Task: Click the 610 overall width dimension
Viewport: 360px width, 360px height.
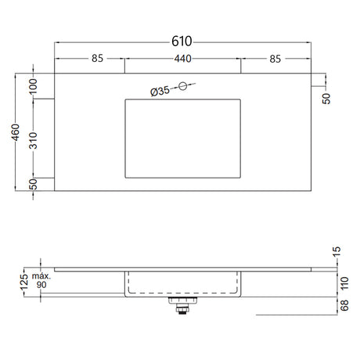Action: [182, 41]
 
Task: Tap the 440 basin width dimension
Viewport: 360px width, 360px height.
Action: [182, 59]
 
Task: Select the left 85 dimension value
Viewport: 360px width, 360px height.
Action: [98, 59]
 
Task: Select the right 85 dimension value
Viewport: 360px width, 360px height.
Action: [275, 59]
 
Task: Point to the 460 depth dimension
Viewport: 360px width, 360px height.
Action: [16, 132]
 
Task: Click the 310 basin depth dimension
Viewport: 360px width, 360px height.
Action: [33, 141]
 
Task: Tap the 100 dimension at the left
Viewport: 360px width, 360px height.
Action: [33, 86]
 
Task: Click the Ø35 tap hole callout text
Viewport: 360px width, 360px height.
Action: [160, 91]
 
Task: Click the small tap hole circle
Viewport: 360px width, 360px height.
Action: [183, 86]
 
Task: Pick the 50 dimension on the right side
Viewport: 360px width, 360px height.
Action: [326, 99]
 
